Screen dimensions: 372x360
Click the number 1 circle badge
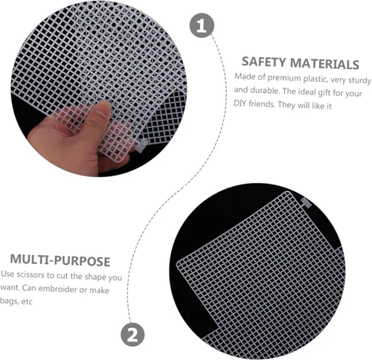coord(202,25)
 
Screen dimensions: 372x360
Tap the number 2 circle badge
coord(132,335)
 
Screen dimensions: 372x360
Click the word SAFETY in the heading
coord(264,62)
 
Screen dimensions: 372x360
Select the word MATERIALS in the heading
coord(324,64)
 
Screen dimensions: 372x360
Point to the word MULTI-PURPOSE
coord(60,260)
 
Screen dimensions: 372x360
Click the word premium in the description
coord(284,78)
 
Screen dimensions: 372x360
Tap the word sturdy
coord(360,80)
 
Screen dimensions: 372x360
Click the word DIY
coord(240,103)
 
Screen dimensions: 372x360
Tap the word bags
coord(9,301)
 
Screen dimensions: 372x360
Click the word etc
coord(27,302)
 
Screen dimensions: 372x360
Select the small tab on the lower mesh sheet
coord(306,202)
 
